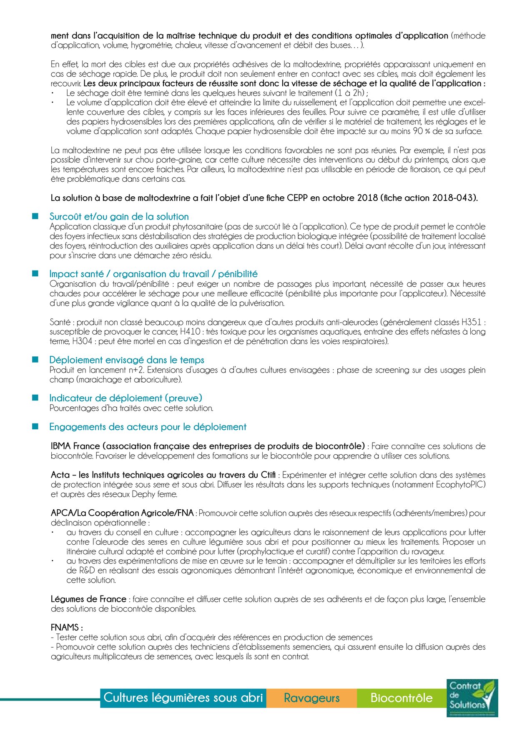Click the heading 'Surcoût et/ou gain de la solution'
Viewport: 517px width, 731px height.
pyautogui.click(x=119, y=217)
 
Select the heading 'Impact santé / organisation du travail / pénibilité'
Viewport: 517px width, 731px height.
pyautogui.click(x=153, y=274)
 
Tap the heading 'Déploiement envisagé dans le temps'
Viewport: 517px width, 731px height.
pyautogui.click(x=127, y=360)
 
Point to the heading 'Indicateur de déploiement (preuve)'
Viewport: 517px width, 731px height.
pyautogui.click(x=125, y=398)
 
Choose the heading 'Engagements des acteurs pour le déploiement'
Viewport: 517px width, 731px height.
pyautogui.click(x=148, y=427)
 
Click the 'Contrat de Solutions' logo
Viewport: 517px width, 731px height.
pyautogui.click(x=472, y=698)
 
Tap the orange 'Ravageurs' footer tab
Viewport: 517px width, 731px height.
pyautogui.click(x=311, y=698)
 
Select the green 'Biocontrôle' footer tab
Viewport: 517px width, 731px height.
pyautogui.click(x=401, y=698)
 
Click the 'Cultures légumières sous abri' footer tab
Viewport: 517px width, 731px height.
pyautogui.click(x=183, y=698)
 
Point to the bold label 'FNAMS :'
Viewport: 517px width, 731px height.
pyautogui.click(x=67, y=627)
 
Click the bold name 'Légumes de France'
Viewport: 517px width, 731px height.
pyautogui.click(x=88, y=599)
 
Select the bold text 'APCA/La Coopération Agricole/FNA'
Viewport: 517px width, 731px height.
pyautogui.click(x=122, y=513)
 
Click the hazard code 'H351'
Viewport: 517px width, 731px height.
pyautogui.click(x=471, y=322)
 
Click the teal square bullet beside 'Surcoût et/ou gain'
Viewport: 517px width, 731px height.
pyautogui.click(x=35, y=216)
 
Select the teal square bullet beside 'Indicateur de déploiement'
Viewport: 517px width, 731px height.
pyautogui.click(x=35, y=398)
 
